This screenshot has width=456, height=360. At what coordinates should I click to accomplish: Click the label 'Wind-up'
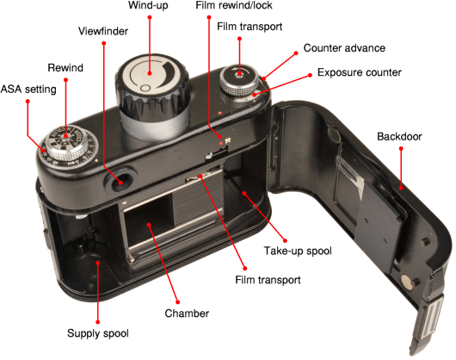[x=148, y=5]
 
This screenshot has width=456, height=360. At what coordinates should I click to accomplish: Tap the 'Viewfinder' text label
[x=103, y=31]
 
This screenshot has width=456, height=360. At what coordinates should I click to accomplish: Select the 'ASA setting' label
[x=28, y=89]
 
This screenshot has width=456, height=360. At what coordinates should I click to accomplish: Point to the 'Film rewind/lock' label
[x=234, y=5]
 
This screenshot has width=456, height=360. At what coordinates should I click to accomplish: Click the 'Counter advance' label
[x=344, y=48]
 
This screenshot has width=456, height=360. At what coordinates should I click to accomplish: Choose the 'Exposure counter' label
[x=359, y=72]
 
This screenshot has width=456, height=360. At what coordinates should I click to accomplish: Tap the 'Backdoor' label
[x=399, y=136]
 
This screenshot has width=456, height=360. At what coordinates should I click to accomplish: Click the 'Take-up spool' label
[x=298, y=251]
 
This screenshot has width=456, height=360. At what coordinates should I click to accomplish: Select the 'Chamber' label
[x=187, y=313]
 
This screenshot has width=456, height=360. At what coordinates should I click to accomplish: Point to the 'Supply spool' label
[x=98, y=333]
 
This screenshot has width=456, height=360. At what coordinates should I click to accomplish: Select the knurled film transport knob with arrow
[x=239, y=80]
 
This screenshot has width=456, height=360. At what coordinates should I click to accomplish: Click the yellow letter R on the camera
[x=227, y=141]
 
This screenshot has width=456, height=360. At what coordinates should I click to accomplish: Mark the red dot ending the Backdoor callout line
[x=401, y=148]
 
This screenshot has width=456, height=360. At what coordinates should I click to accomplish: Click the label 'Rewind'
[x=65, y=68]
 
